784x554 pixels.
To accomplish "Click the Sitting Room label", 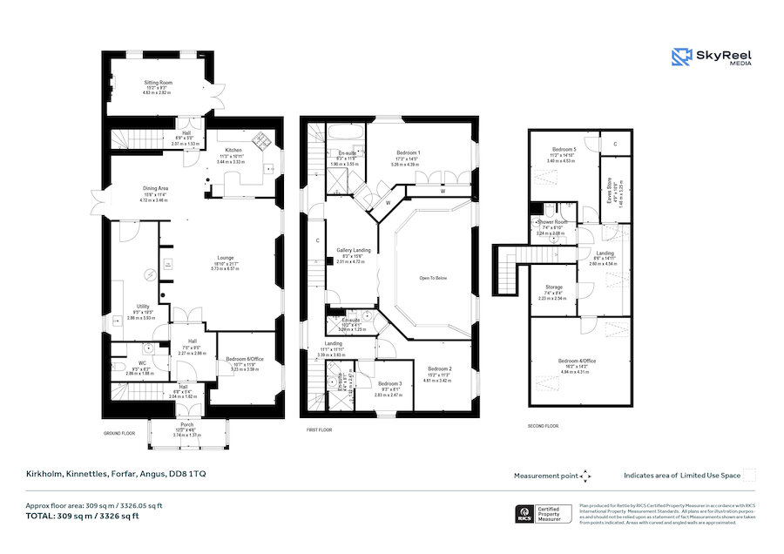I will [x=159, y=82].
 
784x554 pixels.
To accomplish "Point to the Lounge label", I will [x=226, y=258].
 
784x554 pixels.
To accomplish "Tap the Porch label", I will [x=187, y=424].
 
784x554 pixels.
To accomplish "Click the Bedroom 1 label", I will [x=408, y=153].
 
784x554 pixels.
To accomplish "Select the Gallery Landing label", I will [x=354, y=250].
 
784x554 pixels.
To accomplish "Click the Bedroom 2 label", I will [x=436, y=369].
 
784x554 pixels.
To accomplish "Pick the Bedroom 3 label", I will [x=390, y=384].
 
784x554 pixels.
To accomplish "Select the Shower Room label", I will [x=551, y=221].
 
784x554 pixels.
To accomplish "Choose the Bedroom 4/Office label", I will [x=577, y=361].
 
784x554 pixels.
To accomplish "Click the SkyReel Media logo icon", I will [x=681, y=57].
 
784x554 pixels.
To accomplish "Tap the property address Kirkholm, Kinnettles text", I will [x=115, y=475].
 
